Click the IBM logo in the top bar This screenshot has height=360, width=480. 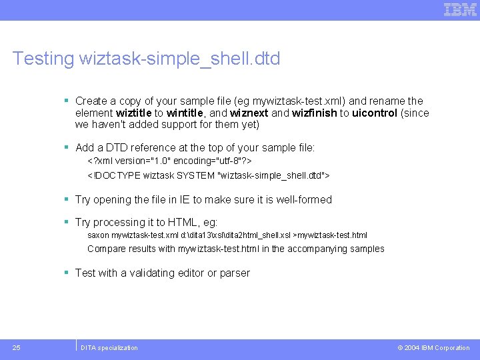pyautogui.click(x=460, y=9)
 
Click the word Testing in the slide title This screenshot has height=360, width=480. pyautogui.click(x=43, y=59)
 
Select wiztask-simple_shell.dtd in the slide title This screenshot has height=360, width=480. pyautogui.click(x=179, y=59)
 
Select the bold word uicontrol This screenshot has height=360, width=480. pyautogui.click(x=375, y=113)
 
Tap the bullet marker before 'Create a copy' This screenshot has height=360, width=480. pyautogui.click(x=67, y=101)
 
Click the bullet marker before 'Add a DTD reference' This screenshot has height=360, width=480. pyautogui.click(x=67, y=147)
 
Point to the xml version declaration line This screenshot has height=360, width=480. pyautogui.click(x=169, y=162)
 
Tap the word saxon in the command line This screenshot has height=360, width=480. pyautogui.click(x=98, y=235)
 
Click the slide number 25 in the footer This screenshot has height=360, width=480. pyautogui.click(x=16, y=347)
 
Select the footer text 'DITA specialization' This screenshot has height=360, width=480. pyautogui.click(x=109, y=348)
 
